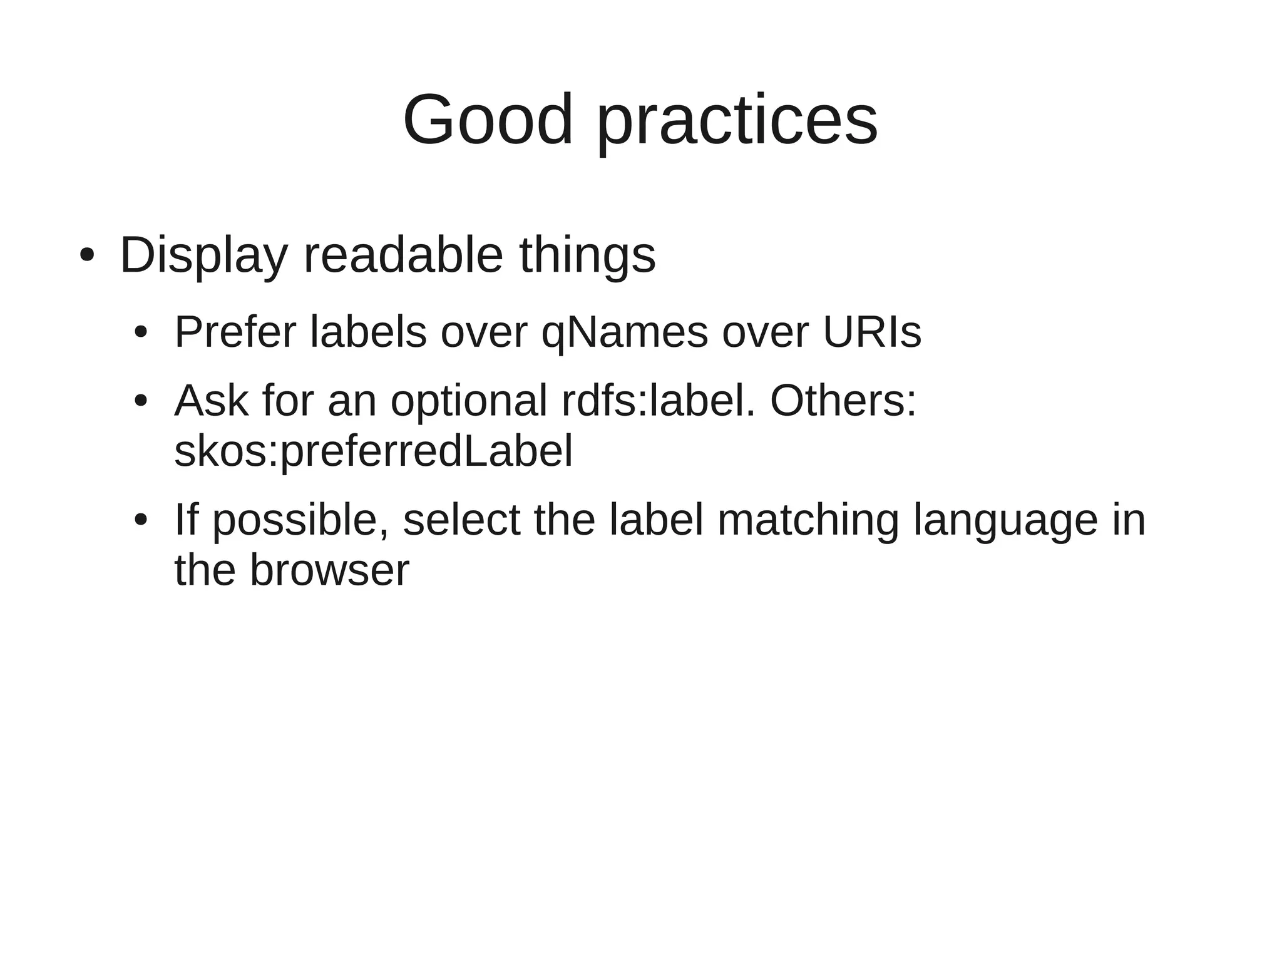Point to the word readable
click(x=403, y=255)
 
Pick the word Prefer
click(x=235, y=332)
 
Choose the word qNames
click(x=624, y=333)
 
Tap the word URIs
click(x=871, y=332)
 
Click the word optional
click(x=469, y=401)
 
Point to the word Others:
click(x=843, y=401)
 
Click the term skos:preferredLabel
click(x=373, y=452)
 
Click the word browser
click(x=329, y=571)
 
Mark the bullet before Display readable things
click(x=86, y=255)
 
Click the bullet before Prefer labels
click(x=141, y=332)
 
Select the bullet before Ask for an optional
click(x=141, y=401)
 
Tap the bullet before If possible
click(x=141, y=520)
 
